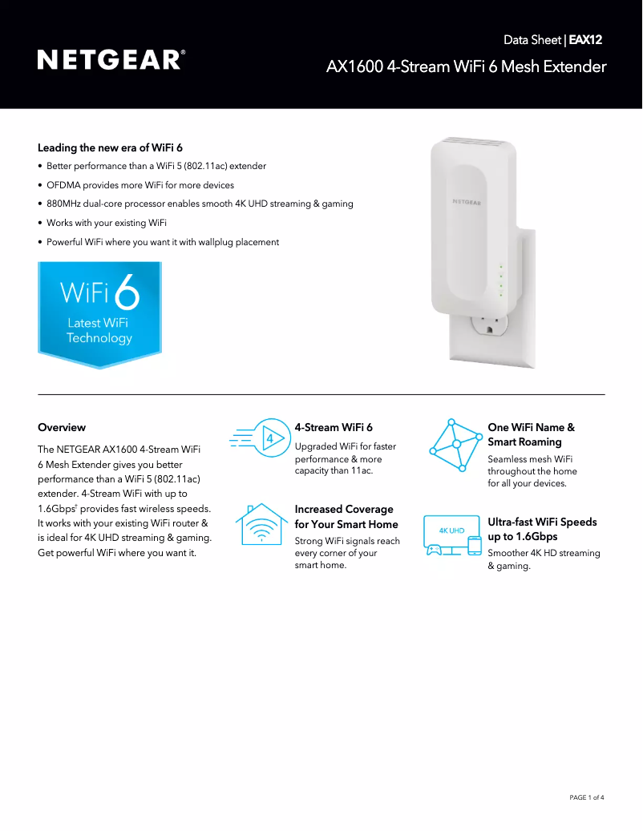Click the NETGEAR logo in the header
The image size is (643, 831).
click(111, 60)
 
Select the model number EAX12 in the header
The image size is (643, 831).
click(585, 40)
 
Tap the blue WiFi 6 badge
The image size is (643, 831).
click(99, 315)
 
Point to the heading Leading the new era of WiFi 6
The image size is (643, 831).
click(110, 148)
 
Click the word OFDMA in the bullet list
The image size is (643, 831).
click(63, 185)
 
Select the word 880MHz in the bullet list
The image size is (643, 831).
click(63, 204)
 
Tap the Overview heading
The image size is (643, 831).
click(62, 427)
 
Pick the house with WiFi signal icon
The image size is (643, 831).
click(261, 524)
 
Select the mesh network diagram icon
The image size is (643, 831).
click(455, 446)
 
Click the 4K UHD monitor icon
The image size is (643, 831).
click(453, 535)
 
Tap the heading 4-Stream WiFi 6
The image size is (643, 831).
click(334, 427)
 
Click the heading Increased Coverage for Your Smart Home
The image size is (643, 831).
click(346, 517)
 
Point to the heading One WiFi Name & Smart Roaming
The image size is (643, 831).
click(531, 434)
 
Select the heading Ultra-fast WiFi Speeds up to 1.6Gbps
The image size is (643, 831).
click(542, 529)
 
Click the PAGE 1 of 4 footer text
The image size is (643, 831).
click(587, 797)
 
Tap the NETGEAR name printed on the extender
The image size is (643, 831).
click(467, 202)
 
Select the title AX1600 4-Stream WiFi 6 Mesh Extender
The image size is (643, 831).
click(467, 67)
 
